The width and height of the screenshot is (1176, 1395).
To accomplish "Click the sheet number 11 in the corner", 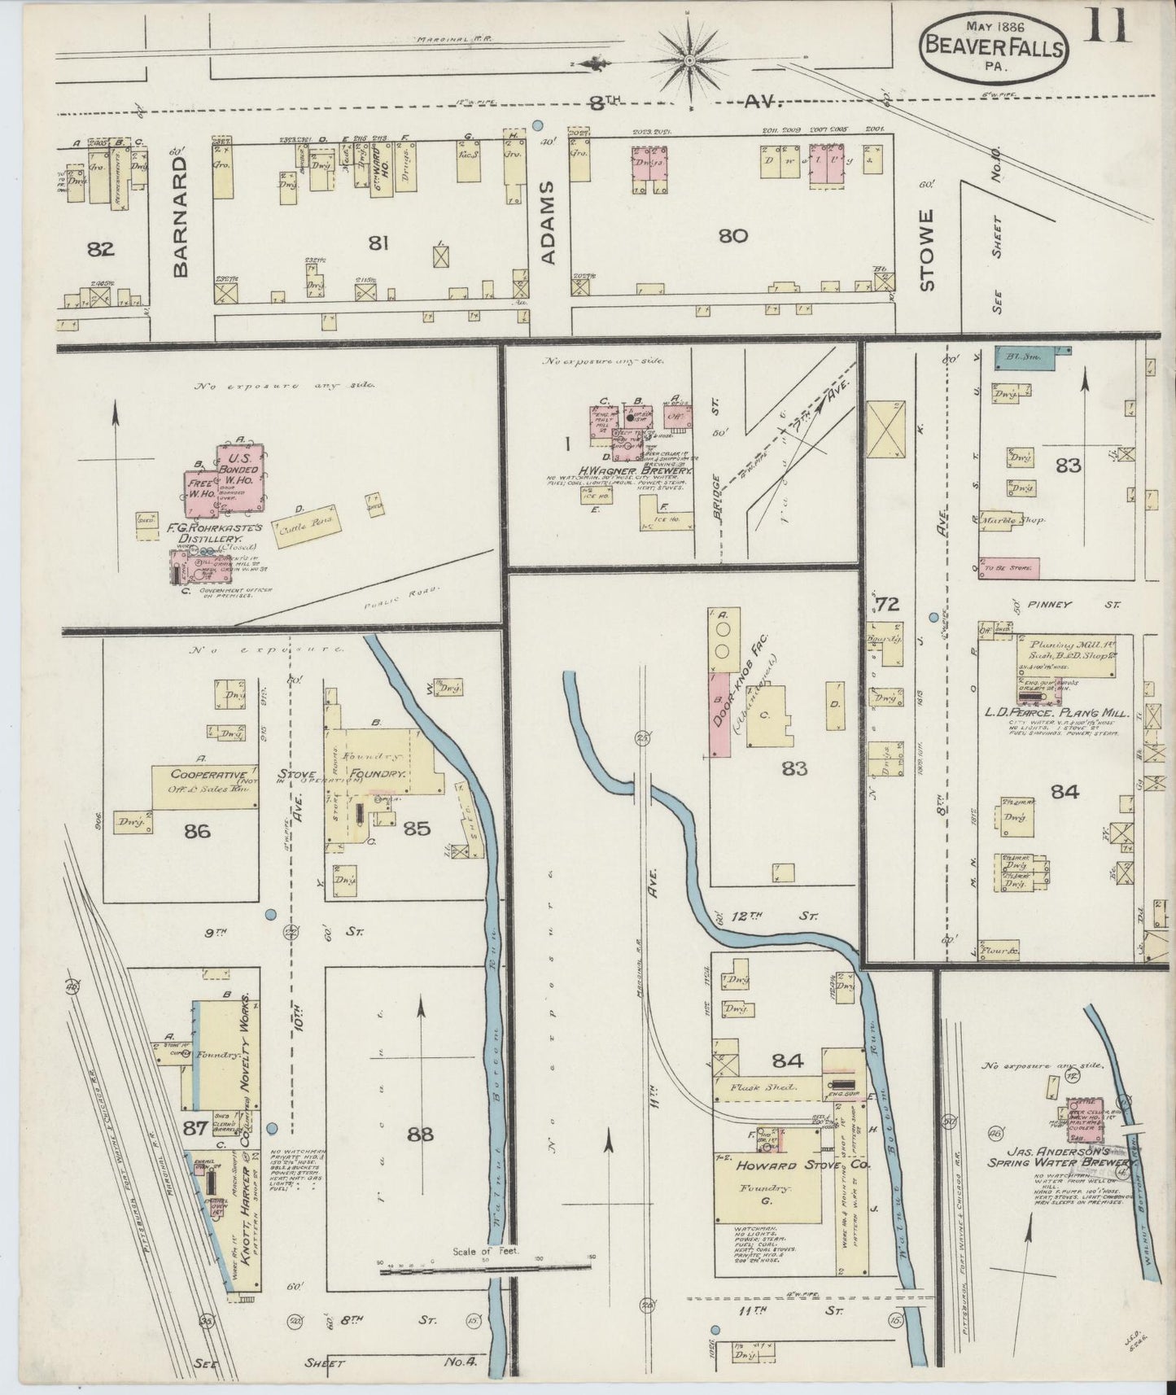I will point(1108,23).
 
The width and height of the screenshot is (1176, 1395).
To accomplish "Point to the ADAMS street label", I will point(548,221).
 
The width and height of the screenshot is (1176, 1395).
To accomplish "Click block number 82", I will point(101,249).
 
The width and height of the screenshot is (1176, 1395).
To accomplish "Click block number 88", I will point(420,1134).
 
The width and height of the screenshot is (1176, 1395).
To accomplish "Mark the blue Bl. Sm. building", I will point(1023,354).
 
